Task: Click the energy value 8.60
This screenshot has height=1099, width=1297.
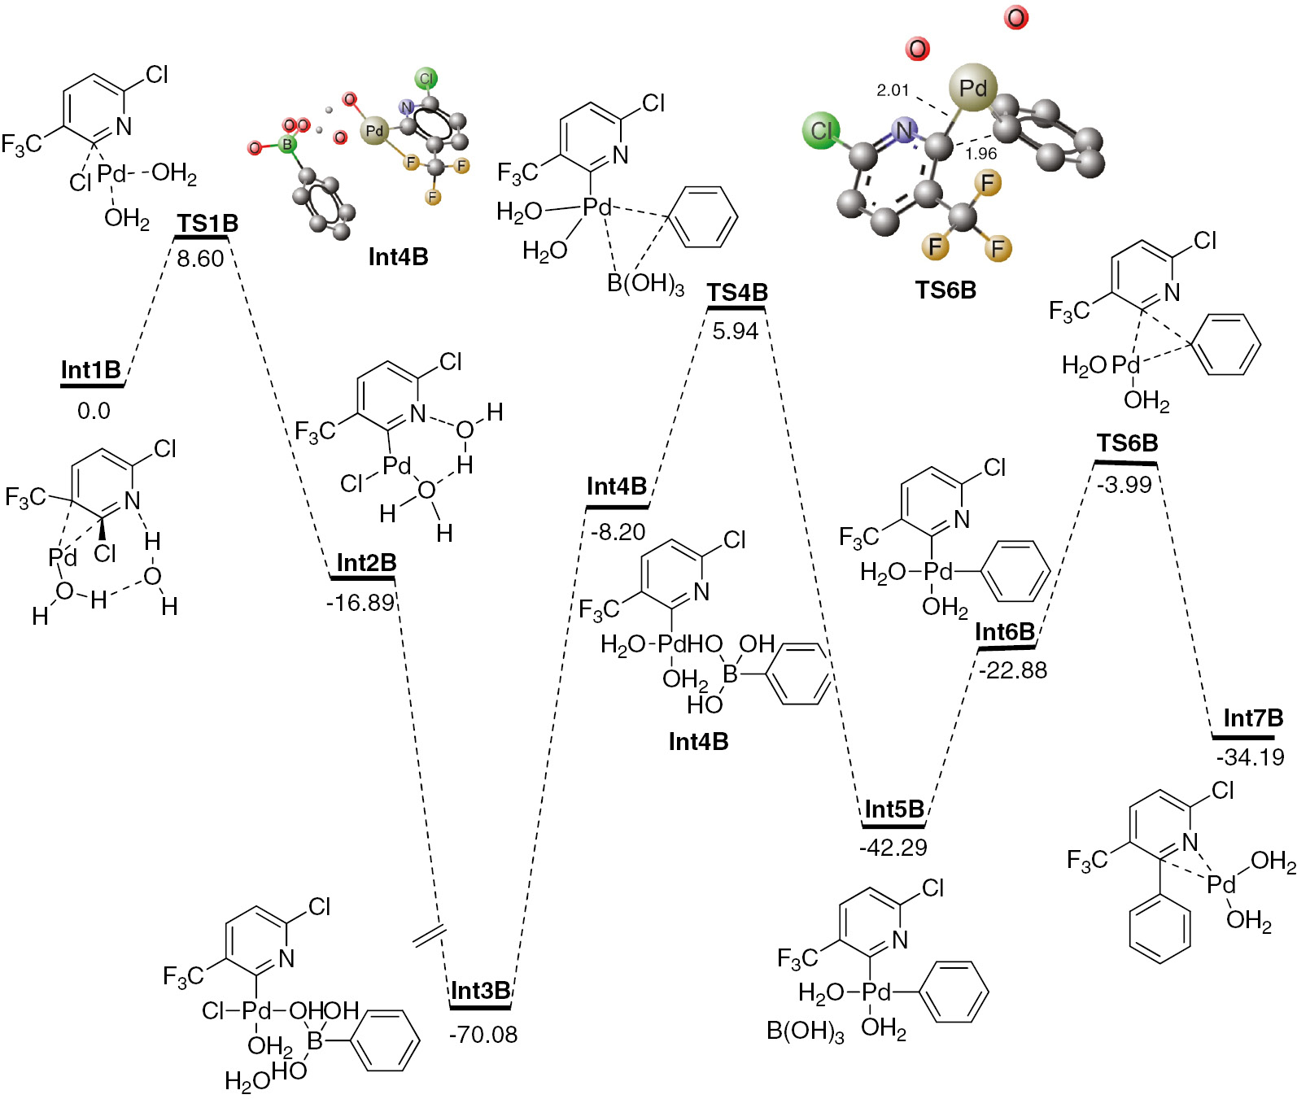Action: point(200,259)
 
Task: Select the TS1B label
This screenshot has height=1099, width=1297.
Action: point(207,224)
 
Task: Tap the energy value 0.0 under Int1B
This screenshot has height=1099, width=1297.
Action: point(94,411)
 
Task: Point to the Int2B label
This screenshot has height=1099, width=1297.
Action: point(366,563)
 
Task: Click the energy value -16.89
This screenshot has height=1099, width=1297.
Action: point(360,603)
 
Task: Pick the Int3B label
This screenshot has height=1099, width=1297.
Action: point(480,991)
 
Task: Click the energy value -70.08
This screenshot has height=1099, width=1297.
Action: point(483,1035)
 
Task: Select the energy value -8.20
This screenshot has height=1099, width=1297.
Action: point(618,532)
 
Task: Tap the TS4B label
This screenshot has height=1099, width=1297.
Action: point(737,293)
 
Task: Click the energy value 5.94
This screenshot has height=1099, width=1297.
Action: point(736,331)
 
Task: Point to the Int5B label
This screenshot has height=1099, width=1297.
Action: point(894,809)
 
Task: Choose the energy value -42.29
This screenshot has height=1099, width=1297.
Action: point(893,848)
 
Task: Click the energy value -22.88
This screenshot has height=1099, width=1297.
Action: point(1013,670)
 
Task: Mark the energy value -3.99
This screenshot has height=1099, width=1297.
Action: point(1125,485)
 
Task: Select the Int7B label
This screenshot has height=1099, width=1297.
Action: point(1253,718)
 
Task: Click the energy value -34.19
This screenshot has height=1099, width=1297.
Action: point(1251,757)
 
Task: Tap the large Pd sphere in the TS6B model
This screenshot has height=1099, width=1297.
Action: point(973,87)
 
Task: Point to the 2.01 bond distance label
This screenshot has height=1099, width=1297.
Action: point(893,90)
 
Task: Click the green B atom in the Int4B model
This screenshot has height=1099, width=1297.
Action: point(286,145)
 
